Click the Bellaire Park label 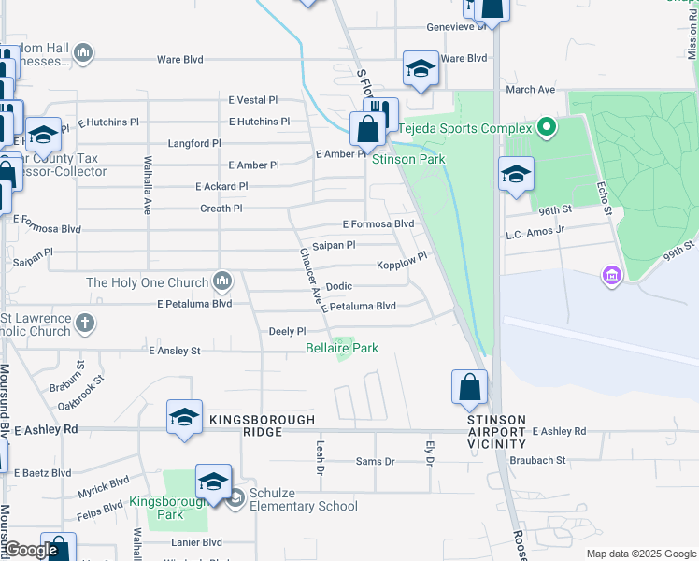342,348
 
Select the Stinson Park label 408,159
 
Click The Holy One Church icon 222,280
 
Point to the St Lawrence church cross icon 85,324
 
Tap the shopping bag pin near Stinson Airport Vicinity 469,387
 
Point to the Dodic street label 338,286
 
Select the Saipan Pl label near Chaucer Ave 334,245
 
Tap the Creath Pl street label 221,209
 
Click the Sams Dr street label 376,462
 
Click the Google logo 31,550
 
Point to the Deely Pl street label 287,331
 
